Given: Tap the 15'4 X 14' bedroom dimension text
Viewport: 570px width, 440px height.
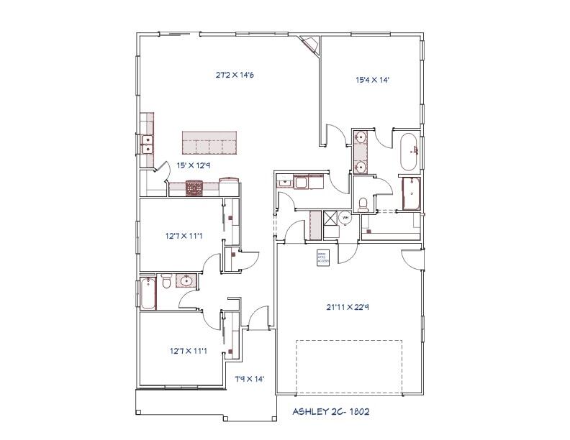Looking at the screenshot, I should [x=372, y=81].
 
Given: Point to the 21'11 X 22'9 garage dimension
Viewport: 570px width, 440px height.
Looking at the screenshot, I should [x=348, y=307].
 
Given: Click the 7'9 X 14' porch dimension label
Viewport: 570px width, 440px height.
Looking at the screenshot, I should [x=250, y=379].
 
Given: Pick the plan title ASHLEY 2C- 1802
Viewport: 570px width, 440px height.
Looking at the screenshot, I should [x=332, y=412].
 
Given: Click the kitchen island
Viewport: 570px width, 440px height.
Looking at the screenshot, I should [x=209, y=142].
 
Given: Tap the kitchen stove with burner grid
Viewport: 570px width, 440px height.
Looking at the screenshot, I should [x=195, y=188].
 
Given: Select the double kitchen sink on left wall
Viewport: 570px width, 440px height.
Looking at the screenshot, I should [x=148, y=145].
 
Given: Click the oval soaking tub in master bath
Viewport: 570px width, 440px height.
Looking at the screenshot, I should [x=408, y=150].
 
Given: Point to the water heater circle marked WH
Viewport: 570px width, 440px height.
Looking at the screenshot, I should [x=345, y=217].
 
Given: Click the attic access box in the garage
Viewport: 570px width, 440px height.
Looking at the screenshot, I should [x=323, y=257].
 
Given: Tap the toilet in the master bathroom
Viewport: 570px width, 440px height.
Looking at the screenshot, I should [x=363, y=203].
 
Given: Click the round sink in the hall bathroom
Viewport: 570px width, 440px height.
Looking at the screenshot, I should [x=186, y=281].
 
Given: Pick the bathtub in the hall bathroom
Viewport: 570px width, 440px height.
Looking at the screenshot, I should [x=147, y=293].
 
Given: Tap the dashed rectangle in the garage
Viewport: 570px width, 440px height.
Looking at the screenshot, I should [x=348, y=366].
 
